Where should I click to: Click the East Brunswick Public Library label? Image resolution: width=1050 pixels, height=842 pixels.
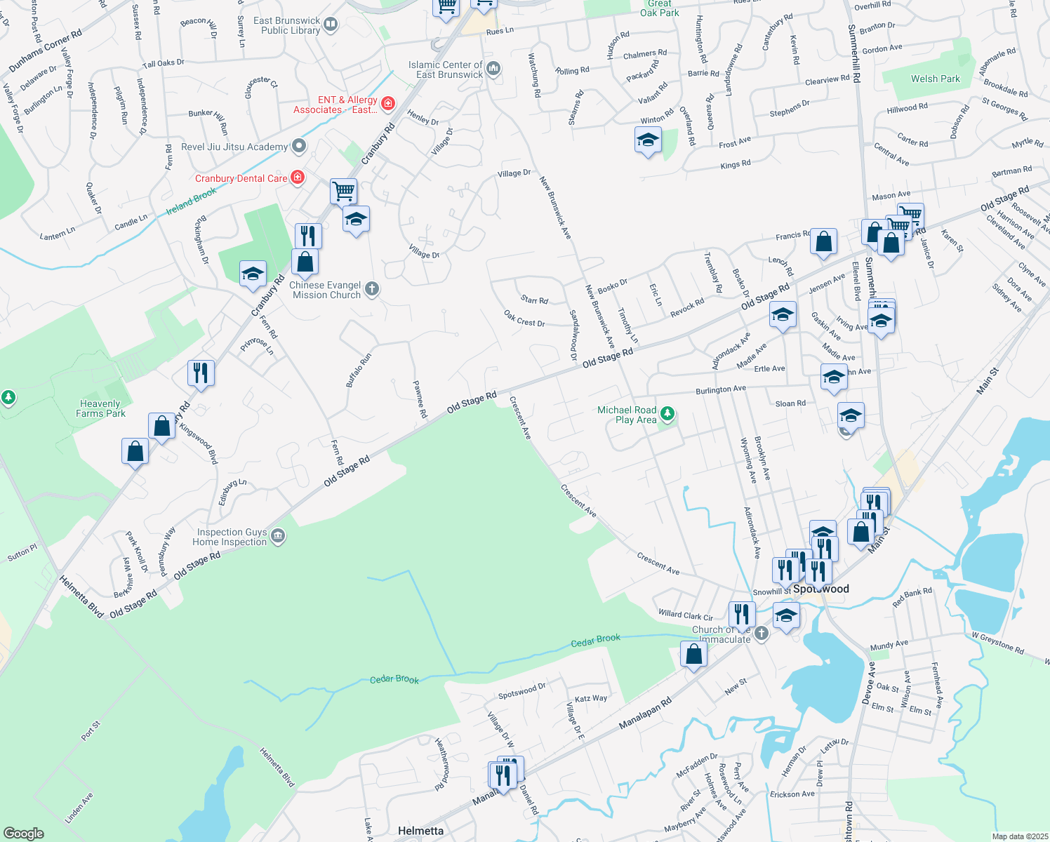click(x=287, y=26)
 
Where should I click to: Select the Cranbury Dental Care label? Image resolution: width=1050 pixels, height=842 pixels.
click(x=241, y=178)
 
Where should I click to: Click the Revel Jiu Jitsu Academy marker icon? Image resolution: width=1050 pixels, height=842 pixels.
click(x=300, y=146)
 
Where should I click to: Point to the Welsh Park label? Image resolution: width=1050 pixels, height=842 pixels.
click(x=935, y=79)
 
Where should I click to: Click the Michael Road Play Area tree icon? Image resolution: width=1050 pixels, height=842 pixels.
click(x=667, y=415)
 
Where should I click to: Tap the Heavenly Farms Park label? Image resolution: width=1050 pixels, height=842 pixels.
click(x=100, y=408)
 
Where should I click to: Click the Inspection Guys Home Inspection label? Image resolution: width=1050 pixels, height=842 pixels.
click(x=230, y=537)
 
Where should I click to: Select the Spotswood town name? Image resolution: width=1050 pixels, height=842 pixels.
click(x=821, y=589)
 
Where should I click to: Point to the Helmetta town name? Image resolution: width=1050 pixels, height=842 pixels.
click(x=420, y=831)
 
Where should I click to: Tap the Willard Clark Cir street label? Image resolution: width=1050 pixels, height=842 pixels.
click(x=685, y=615)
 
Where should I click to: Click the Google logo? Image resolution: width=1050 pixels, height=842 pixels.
click(x=24, y=833)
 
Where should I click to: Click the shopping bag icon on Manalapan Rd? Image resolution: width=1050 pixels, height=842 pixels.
click(x=693, y=655)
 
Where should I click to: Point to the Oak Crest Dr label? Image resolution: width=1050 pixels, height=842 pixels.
click(x=524, y=319)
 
